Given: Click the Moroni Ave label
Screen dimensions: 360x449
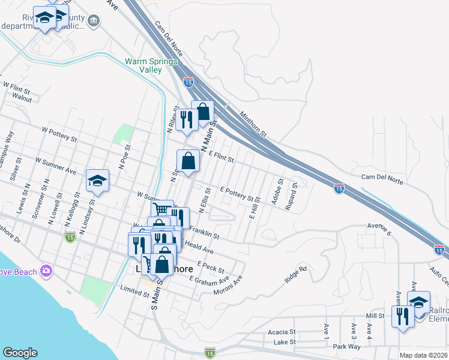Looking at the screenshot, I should tap(229, 284).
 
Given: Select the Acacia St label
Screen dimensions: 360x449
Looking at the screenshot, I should tap(282, 332).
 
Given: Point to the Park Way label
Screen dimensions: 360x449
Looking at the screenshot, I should tap(346, 346).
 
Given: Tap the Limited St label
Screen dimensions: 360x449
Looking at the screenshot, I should tap(134, 293).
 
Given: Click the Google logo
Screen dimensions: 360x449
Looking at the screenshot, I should tap(20, 353).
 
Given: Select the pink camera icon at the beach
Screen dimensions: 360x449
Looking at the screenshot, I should tap(46, 272).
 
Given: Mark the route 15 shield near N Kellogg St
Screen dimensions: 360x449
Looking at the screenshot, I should tap(70, 237).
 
